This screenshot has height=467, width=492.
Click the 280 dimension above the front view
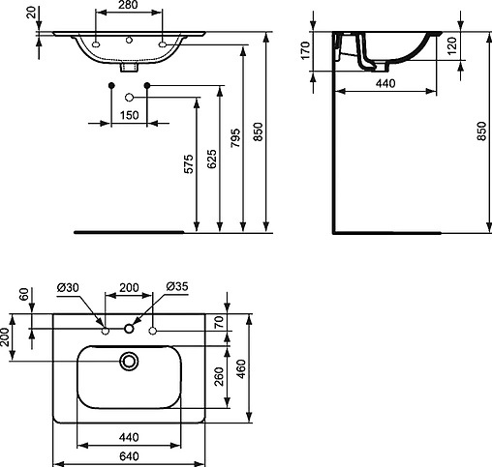[130, 7]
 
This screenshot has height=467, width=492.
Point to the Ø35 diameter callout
[176, 287]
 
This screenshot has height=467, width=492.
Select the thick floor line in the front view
[129, 232]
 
